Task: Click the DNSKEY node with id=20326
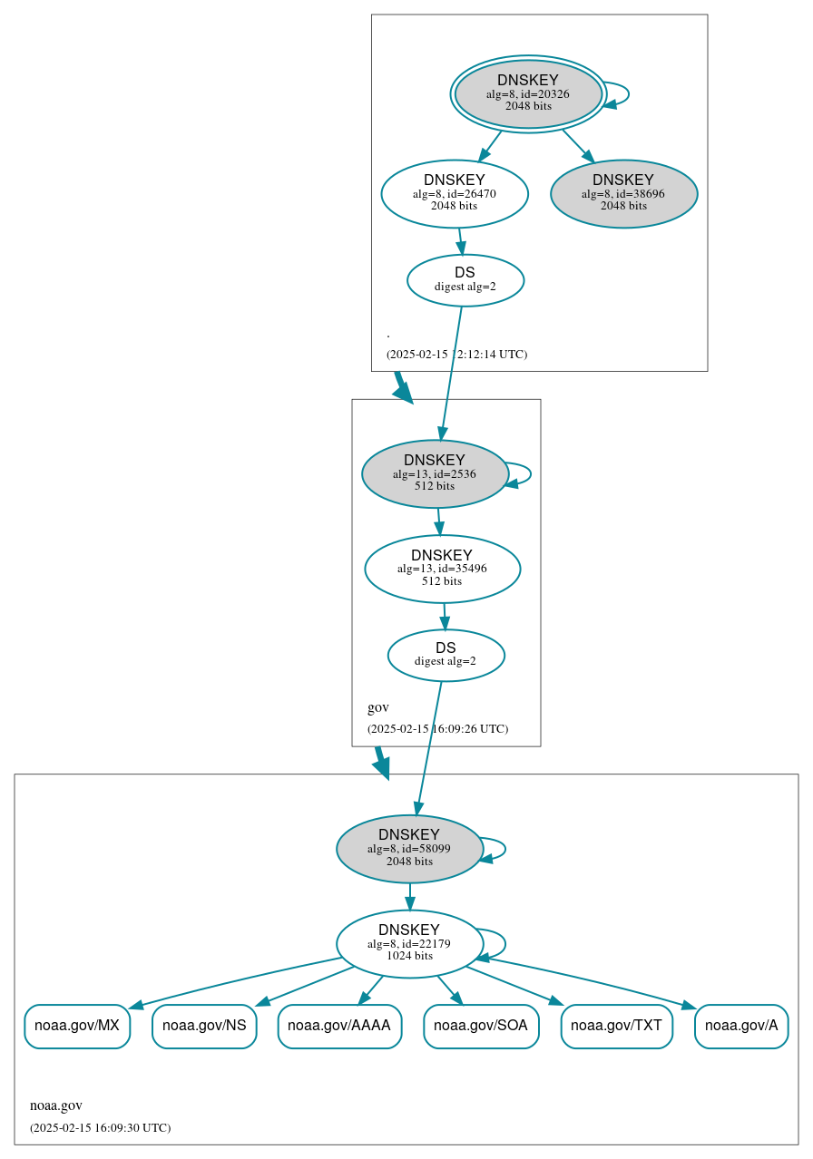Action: click(x=528, y=93)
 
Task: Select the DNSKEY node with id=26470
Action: click(x=455, y=193)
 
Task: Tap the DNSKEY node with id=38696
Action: click(x=623, y=193)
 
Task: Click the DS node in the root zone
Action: click(x=465, y=280)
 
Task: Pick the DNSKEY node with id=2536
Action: click(x=435, y=473)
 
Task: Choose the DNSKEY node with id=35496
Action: click(x=442, y=569)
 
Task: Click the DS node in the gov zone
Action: click(x=446, y=655)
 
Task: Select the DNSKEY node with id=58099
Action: click(x=409, y=849)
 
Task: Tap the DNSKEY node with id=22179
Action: click(x=409, y=944)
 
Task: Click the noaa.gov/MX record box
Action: click(x=77, y=1027)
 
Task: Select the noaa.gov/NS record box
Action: click(x=204, y=1027)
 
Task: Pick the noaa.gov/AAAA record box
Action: click(x=339, y=1027)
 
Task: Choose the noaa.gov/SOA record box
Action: click(x=481, y=1027)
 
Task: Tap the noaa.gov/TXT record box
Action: click(x=617, y=1027)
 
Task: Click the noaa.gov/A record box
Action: click(x=741, y=1027)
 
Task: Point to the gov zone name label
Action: click(x=378, y=707)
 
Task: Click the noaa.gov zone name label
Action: click(x=56, y=1105)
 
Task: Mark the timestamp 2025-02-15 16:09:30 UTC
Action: click(x=100, y=1128)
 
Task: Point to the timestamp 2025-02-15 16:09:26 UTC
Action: click(x=437, y=729)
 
